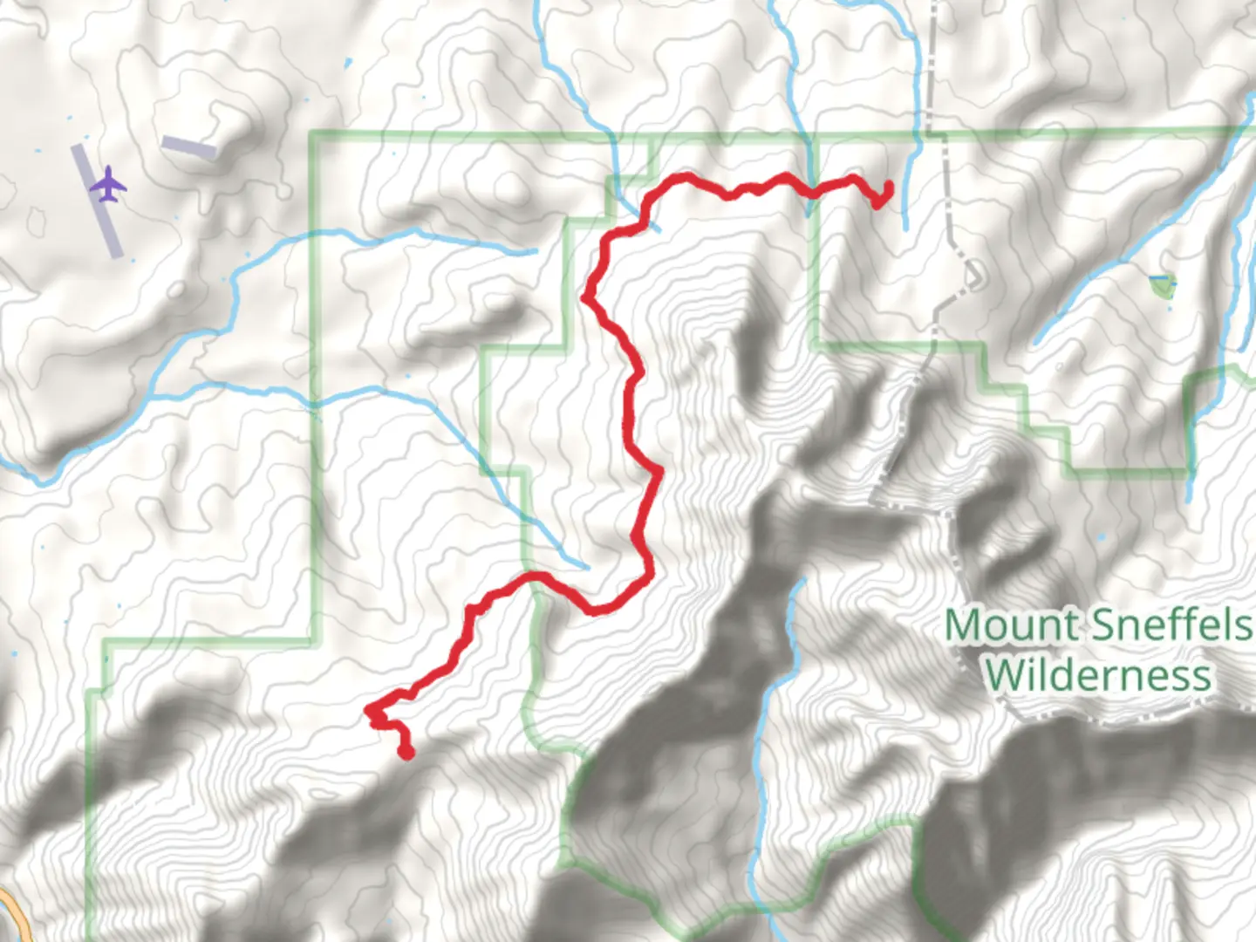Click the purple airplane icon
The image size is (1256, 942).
pyautogui.click(x=108, y=184)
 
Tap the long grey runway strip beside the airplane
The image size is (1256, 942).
pyautogui.click(x=97, y=201)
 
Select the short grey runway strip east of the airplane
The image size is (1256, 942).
pyautogui.click(x=188, y=147)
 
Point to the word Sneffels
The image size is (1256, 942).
pyautogui.click(x=1170, y=625)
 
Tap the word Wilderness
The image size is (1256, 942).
pyautogui.click(x=1098, y=674)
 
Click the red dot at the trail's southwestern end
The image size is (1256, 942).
pyautogui.click(x=406, y=752)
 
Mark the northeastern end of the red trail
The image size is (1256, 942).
pyautogui.click(x=888, y=185)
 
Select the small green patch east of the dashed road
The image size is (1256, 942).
pyautogui.click(x=1163, y=285)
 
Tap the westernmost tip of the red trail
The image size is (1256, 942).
pyautogui.click(x=369, y=711)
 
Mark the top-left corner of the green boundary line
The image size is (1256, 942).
pyautogui.click(x=313, y=134)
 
